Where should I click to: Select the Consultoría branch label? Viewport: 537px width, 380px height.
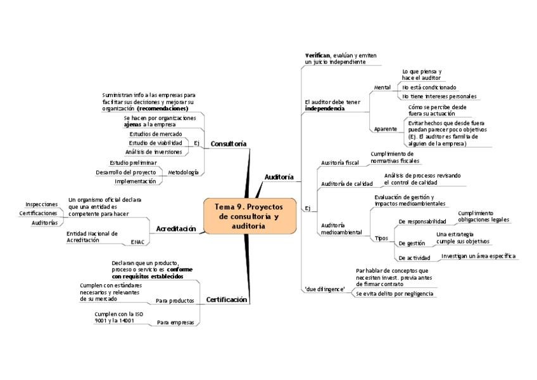229,144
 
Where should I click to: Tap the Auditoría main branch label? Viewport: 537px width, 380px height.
279,177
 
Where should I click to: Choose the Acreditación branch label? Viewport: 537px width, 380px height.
176,228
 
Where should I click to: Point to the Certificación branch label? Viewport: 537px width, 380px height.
227,299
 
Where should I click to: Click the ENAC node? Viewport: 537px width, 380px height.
137,242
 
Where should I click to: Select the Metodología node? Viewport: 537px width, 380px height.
183,172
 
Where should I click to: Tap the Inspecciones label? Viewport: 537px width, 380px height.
42,204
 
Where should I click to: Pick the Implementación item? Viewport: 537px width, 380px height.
135,181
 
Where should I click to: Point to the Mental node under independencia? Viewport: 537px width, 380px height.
382,87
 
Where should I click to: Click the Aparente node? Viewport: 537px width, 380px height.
385,129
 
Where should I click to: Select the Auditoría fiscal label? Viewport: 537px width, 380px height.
339,163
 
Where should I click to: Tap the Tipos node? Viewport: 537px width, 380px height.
381,238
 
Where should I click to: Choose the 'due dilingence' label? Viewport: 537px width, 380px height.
325,289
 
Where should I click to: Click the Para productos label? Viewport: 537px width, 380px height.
174,300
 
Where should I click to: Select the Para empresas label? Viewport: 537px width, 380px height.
175,323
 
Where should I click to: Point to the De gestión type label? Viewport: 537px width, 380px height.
411,243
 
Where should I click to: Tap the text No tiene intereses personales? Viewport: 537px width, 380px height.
439,96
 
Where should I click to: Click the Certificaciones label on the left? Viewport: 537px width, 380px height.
38,213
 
